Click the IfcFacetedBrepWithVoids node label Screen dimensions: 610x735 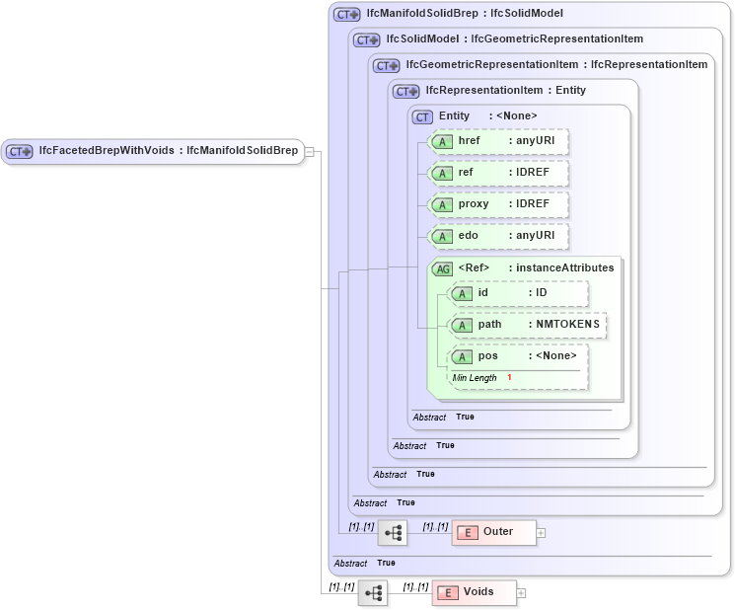[167, 151]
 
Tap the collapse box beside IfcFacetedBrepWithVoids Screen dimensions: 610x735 [309, 151]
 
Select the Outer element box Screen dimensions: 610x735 [494, 532]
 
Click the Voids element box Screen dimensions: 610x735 [475, 593]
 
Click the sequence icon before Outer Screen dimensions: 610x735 [393, 533]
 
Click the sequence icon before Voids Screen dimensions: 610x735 [373, 593]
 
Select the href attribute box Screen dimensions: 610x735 [499, 141]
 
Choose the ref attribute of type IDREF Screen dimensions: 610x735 [499, 173]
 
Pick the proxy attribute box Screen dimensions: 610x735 [499, 204]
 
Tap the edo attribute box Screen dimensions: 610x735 [499, 236]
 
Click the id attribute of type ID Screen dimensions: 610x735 [518, 293]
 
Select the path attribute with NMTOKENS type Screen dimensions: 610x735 [527, 325]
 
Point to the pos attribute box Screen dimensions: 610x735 [518, 356]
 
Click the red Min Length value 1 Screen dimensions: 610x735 [510, 378]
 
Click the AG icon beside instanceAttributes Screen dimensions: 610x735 [442, 268]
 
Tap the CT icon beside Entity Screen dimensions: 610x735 [422, 116]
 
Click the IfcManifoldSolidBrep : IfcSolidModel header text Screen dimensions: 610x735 [464, 14]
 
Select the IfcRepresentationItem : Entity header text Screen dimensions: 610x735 [505, 91]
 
